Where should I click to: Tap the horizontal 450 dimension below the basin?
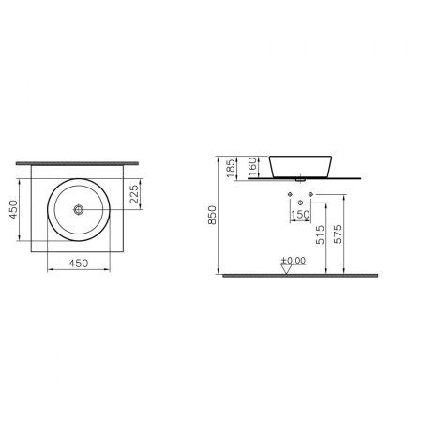[x=81, y=264]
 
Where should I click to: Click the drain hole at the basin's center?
[x=81, y=211]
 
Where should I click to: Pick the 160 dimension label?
[x=254, y=167]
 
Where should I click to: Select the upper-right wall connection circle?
[x=309, y=195]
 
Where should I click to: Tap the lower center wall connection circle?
[x=300, y=203]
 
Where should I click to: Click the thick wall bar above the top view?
[x=81, y=161]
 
